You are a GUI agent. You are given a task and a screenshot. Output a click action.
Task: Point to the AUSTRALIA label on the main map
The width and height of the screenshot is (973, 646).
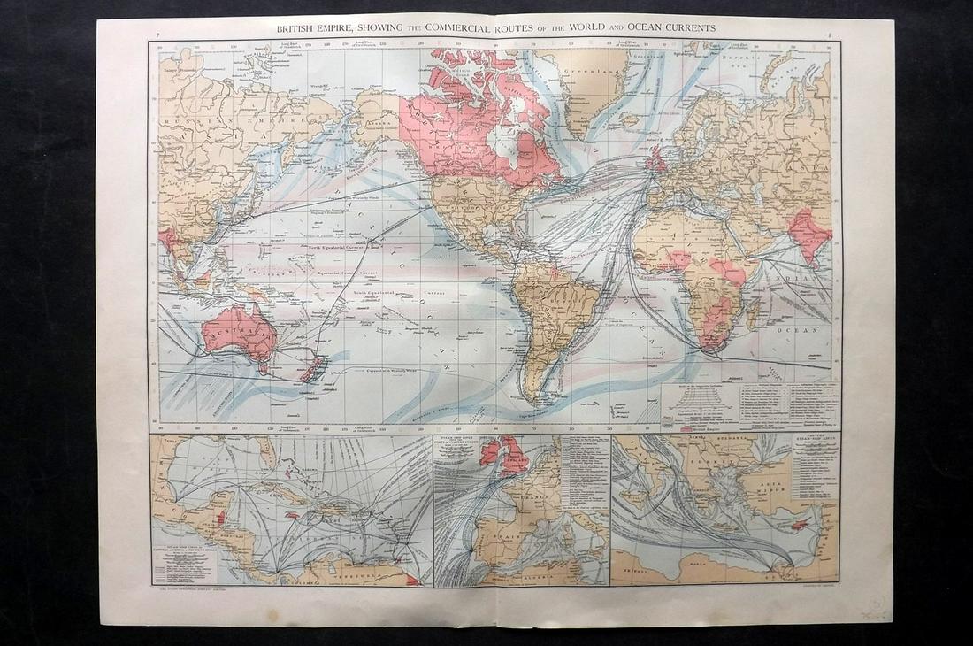[x=238, y=335]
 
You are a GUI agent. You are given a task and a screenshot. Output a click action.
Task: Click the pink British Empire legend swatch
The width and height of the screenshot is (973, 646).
[x=694, y=428]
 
